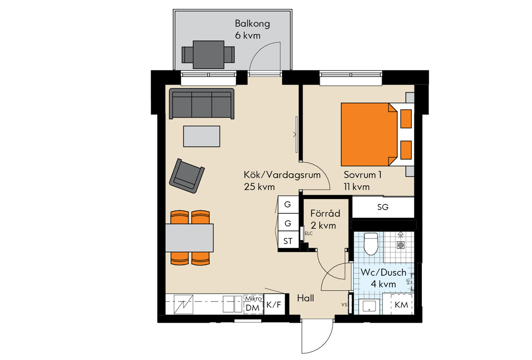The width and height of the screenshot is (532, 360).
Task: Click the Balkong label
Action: (252, 24)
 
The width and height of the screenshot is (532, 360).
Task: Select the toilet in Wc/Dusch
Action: (371, 244)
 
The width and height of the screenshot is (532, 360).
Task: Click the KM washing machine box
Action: (401, 305)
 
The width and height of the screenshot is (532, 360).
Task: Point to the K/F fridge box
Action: (274, 304)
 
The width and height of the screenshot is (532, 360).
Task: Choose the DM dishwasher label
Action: (252, 308)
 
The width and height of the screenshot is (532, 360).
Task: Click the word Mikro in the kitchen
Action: (254, 298)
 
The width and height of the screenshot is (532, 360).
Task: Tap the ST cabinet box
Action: (288, 241)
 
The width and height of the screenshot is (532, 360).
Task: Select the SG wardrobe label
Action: (383, 207)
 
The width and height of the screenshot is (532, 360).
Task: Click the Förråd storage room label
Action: (325, 213)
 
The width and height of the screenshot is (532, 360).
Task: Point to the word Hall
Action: (305, 298)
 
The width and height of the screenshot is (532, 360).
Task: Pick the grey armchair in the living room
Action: (187, 176)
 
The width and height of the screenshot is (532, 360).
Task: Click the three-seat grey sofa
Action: (201, 104)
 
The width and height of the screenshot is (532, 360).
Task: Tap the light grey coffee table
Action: (201, 136)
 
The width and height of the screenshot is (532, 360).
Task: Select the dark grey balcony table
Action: (208, 55)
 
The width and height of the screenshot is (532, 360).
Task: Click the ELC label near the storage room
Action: (309, 234)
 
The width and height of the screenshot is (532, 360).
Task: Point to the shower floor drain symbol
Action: (401, 245)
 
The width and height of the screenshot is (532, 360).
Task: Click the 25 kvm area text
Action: (259, 187)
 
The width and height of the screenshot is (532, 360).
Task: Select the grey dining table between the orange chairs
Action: (189, 238)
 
